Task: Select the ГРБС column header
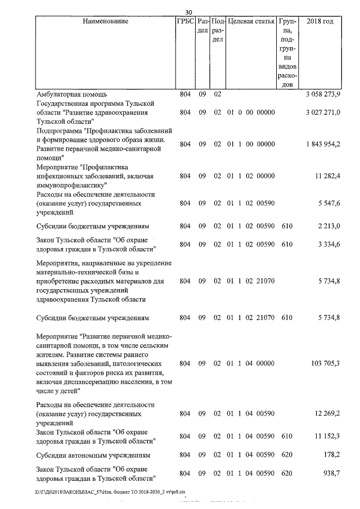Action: [x=185, y=22]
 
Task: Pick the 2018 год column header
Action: [x=319, y=22]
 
